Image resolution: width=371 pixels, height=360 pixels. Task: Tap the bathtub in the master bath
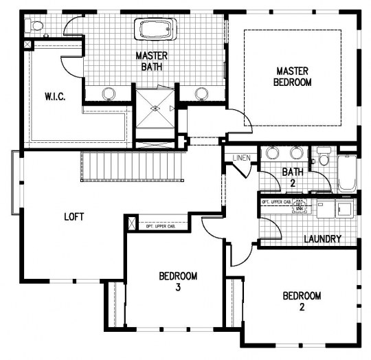156,30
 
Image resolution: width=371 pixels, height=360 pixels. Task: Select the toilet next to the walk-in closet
35,27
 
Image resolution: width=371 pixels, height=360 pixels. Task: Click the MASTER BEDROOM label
294,76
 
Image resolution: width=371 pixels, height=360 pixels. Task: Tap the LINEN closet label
240,158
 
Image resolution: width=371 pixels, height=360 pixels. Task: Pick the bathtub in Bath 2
347,174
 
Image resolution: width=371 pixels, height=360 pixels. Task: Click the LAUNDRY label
322,239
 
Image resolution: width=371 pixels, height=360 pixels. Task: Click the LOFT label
74,216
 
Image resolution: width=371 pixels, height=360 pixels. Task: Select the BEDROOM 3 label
178,282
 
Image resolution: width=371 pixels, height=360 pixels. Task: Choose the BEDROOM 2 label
302,301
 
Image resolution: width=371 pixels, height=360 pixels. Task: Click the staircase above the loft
131,167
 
